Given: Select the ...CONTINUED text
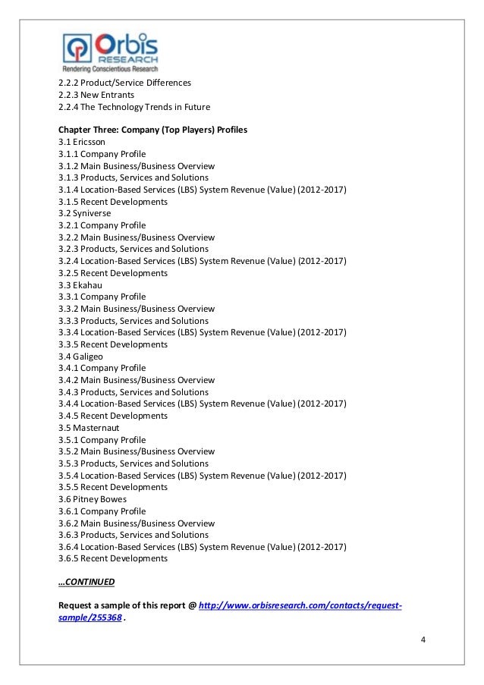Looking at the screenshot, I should pos(86,583).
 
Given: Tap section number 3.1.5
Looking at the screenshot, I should pos(68,202).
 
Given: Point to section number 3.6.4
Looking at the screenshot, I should pos(68,547).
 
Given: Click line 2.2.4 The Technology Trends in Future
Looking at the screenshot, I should pos(134,106).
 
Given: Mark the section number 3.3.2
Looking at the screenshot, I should pos(68,309).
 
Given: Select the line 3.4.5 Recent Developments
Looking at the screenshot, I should pos(112,416).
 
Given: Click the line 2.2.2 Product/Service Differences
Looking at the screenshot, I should pos(124,83).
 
